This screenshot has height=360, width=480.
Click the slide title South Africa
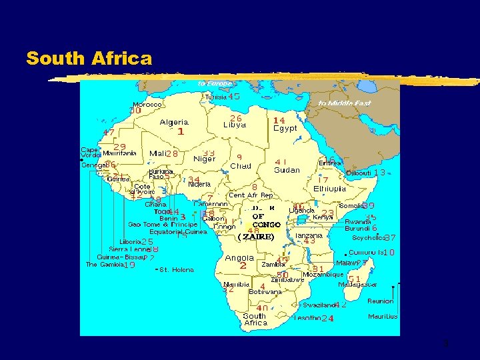[89, 59]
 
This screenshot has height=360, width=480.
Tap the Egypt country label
[285, 128]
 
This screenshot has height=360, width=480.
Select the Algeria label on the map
[173, 123]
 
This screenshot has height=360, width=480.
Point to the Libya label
[234, 125]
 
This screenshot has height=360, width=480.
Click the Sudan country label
[287, 170]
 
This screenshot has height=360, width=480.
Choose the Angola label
[239, 257]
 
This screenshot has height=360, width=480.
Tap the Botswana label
[265, 292]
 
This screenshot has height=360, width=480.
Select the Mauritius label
[383, 316]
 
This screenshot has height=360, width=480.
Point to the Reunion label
[381, 301]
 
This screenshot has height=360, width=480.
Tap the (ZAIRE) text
[257, 237]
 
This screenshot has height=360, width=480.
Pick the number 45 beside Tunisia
[233, 97]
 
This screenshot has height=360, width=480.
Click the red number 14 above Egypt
[279, 120]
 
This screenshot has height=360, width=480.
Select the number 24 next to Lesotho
[327, 319]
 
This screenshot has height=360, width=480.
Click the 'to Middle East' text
[345, 103]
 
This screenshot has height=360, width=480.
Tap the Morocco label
[147, 105]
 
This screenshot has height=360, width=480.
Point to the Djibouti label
[359, 173]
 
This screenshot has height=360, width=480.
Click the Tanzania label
[309, 235]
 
